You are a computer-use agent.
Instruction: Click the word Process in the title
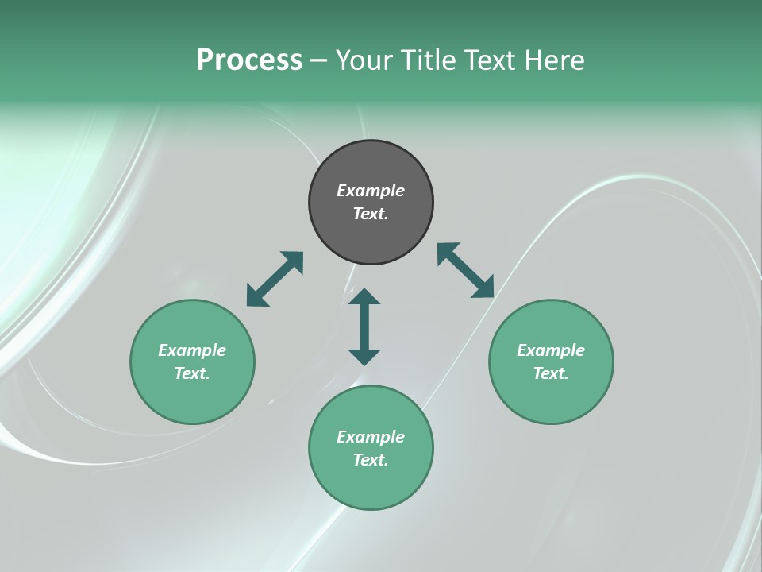[x=249, y=60]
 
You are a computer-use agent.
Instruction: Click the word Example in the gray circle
[x=371, y=191]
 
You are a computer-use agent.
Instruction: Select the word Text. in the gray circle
[x=371, y=214]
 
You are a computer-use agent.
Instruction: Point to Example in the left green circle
[x=192, y=350]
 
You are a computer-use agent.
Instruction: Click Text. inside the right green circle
[x=551, y=373]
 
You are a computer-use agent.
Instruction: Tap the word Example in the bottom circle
[x=371, y=437]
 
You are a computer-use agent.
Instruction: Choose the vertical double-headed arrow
[x=364, y=327]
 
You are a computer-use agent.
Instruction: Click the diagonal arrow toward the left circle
[x=275, y=279]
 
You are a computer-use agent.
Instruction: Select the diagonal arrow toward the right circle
[x=466, y=271]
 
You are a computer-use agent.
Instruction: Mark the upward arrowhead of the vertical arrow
[x=364, y=297]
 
